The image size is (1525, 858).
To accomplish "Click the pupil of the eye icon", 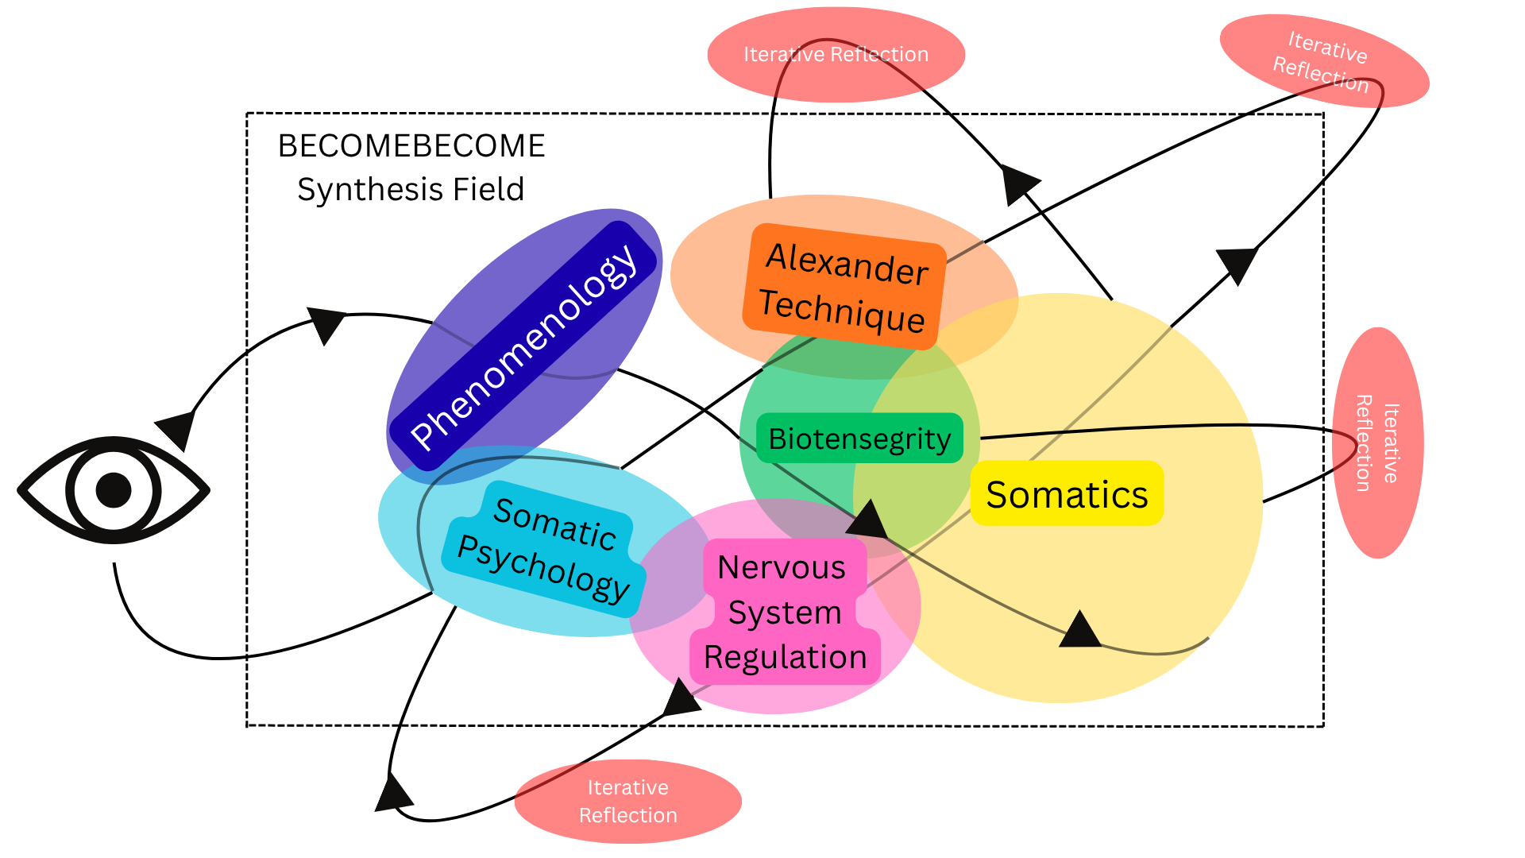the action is tap(114, 490).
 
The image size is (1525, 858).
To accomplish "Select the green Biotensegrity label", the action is tap(859, 438).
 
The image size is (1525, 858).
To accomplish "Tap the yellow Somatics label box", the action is tap(1067, 493).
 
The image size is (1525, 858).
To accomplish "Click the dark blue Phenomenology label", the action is tap(523, 346).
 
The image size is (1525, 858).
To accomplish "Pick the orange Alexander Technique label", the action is tap(844, 286).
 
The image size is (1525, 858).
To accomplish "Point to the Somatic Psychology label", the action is tap(545, 549).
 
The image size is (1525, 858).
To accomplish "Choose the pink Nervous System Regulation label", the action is tap(785, 612).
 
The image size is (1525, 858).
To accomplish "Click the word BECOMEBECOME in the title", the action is tap(411, 146).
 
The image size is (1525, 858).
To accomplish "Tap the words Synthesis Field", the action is tap(411, 190).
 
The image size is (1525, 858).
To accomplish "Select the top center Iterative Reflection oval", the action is tap(836, 55).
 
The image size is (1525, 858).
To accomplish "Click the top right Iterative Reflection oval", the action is tap(1324, 60).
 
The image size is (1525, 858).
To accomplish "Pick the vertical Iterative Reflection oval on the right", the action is tap(1377, 443).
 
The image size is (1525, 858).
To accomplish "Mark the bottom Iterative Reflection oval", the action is tap(627, 801).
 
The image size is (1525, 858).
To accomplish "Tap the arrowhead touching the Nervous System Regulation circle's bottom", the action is tap(681, 698).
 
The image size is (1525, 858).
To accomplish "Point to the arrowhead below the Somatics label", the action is tap(1080, 629).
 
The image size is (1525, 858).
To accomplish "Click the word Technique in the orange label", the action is tap(842, 311).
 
